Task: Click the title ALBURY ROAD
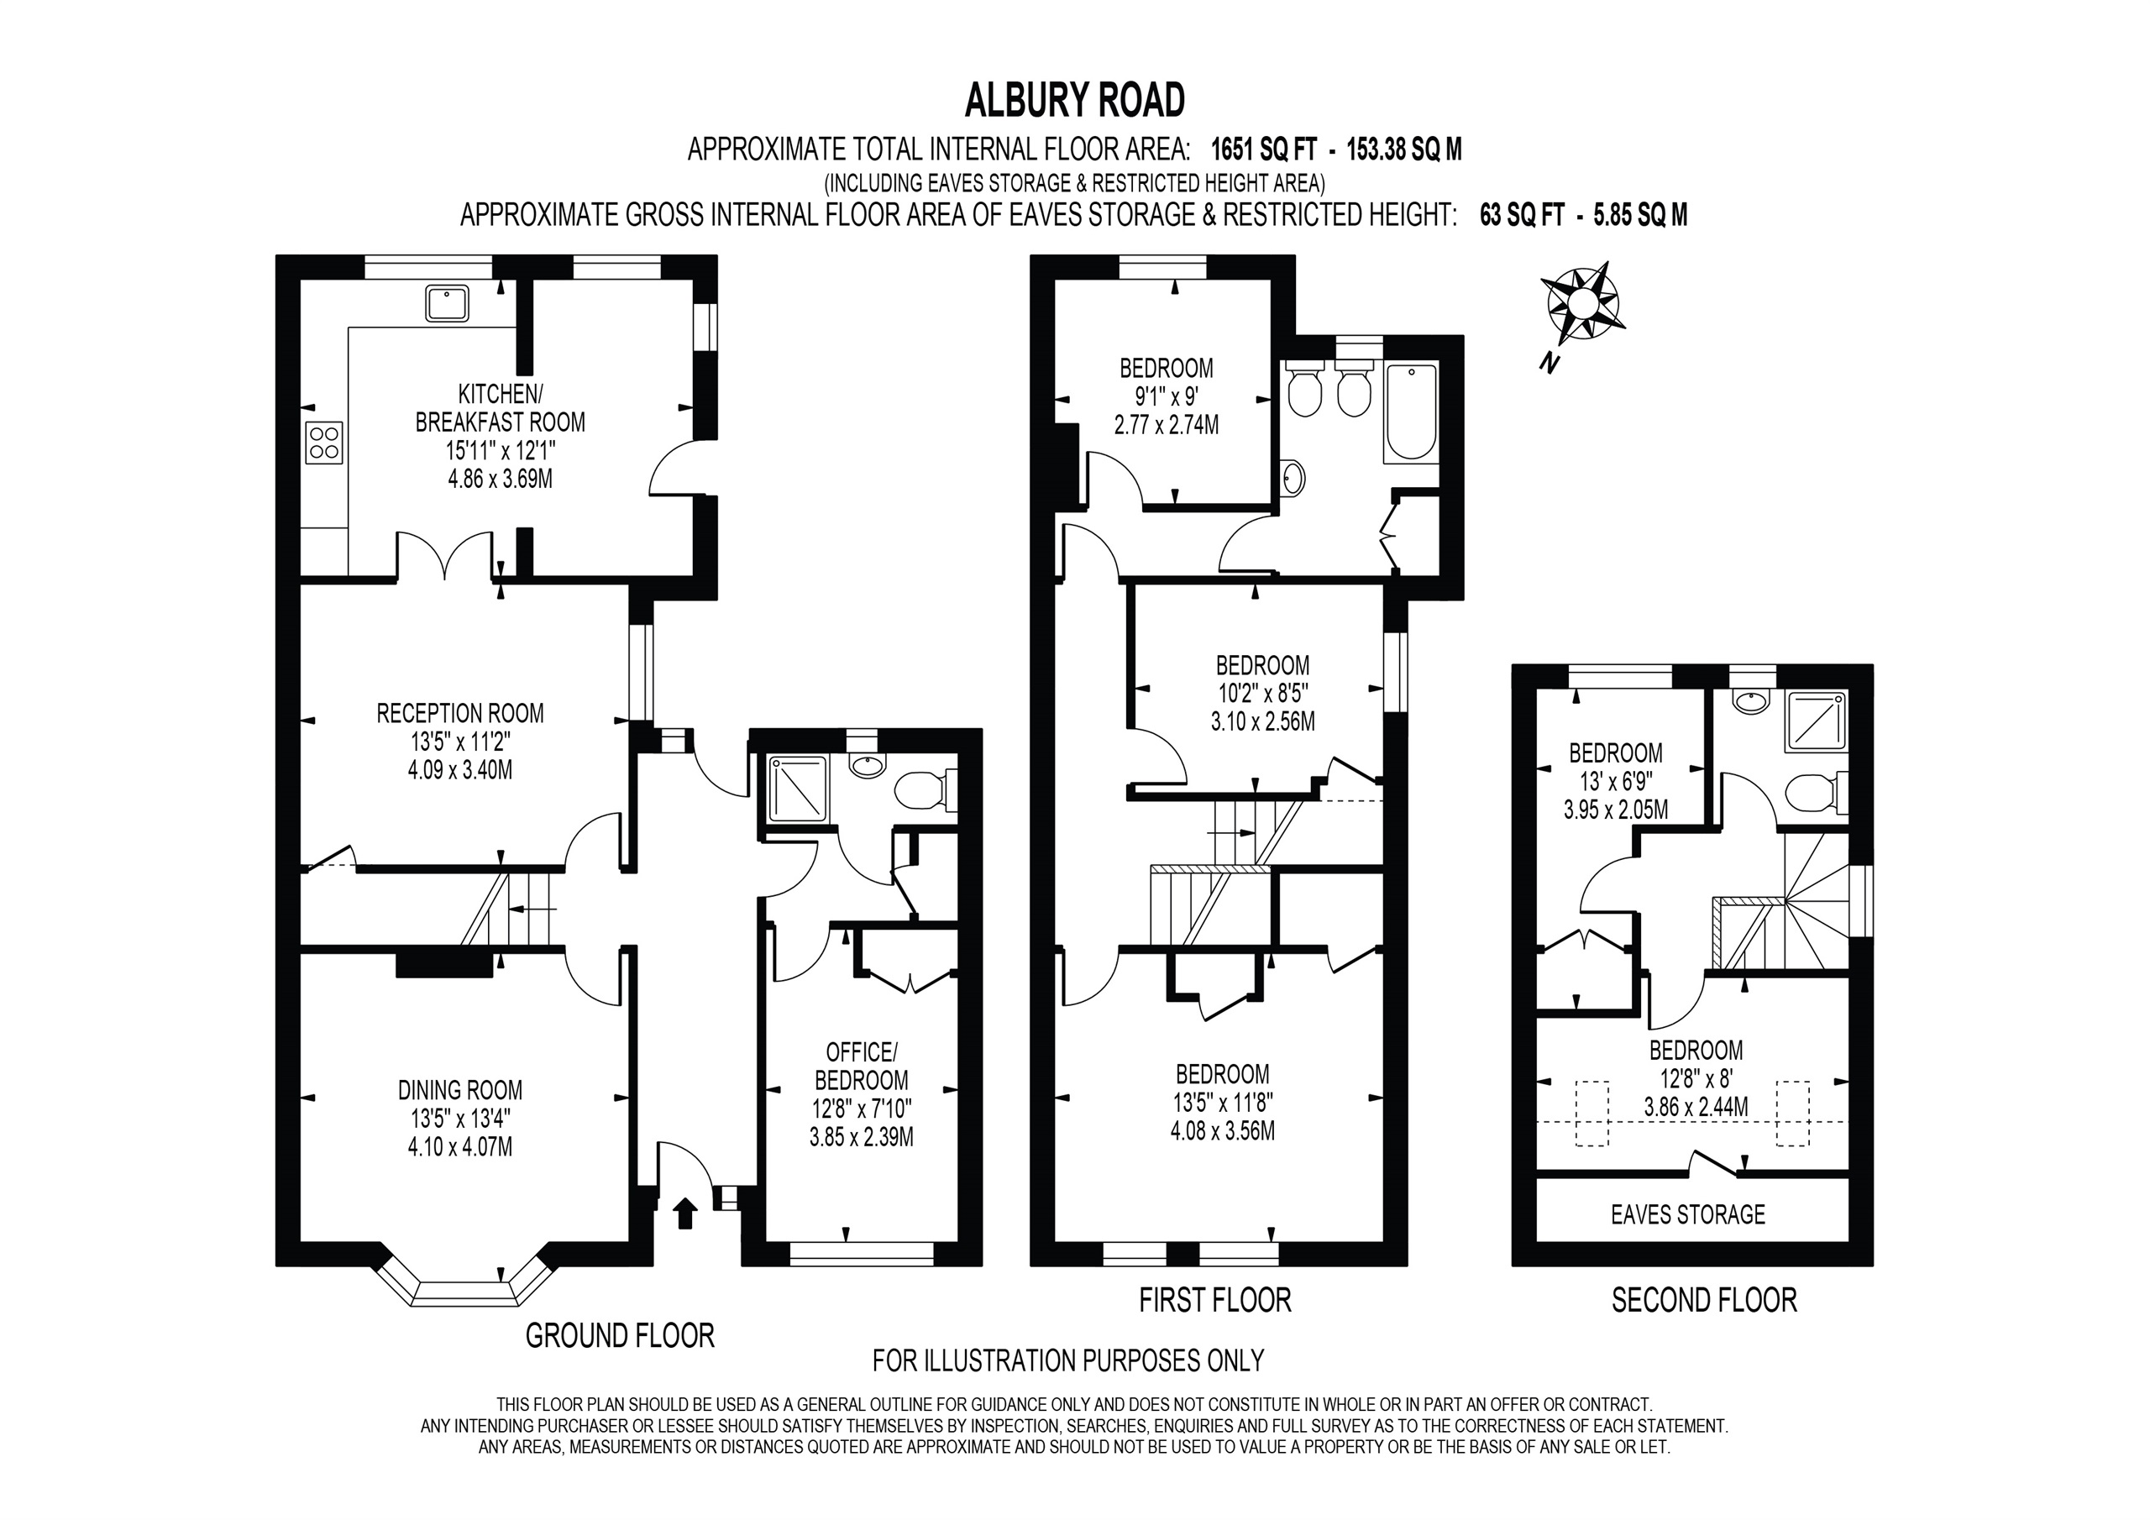coord(1074,101)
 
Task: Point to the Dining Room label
coord(459,1090)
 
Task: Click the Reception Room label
coord(459,714)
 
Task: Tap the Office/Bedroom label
coord(862,1066)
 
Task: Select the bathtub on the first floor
coord(1411,413)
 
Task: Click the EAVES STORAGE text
coord(1687,1214)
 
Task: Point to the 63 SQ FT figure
coord(1522,216)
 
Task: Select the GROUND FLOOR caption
coord(620,1335)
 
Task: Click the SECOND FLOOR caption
coord(1704,1300)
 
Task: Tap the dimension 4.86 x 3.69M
coord(500,480)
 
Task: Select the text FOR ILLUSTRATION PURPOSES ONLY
coord(1067,1360)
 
